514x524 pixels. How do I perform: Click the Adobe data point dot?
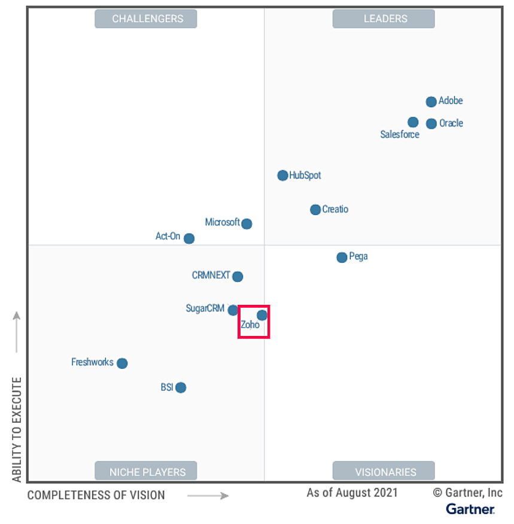click(x=431, y=102)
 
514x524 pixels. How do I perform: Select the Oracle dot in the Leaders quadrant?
click(x=431, y=124)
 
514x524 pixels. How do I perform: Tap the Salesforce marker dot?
click(x=413, y=122)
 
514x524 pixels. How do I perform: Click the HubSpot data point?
click(x=282, y=175)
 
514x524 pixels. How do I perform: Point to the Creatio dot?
click(x=315, y=210)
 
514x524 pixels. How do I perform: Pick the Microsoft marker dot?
click(x=247, y=224)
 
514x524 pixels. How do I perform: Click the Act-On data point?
click(x=189, y=238)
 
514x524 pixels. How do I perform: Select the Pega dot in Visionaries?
click(x=342, y=258)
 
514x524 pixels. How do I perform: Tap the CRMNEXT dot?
click(x=238, y=277)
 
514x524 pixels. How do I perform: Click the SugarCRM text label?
click(x=205, y=309)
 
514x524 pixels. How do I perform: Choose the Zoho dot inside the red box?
click(x=262, y=315)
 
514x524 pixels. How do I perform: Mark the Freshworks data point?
click(x=122, y=364)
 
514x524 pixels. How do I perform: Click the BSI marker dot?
click(x=181, y=387)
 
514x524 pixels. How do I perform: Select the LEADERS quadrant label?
click(x=385, y=19)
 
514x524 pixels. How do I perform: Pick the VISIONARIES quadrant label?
click(x=385, y=472)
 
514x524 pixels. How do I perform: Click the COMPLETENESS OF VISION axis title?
click(x=96, y=495)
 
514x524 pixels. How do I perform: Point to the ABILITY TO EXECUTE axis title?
click(x=17, y=429)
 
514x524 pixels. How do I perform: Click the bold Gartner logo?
click(x=470, y=510)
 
